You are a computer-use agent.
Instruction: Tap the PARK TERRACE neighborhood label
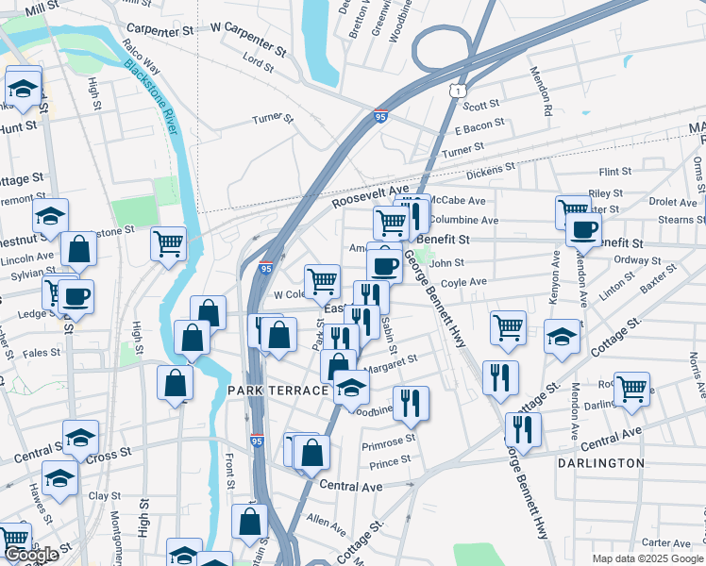point(275,390)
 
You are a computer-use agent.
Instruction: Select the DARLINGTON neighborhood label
point(601,463)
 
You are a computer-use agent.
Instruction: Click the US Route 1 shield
point(457,89)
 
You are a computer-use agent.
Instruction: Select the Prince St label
point(390,461)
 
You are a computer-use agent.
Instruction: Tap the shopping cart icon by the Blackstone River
point(168,242)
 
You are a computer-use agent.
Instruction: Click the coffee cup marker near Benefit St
point(583,228)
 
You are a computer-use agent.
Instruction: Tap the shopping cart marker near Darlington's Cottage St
point(631,387)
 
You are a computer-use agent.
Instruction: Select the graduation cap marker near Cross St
point(80,436)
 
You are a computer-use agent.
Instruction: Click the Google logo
point(31,555)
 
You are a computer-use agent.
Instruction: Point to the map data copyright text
point(648,558)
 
